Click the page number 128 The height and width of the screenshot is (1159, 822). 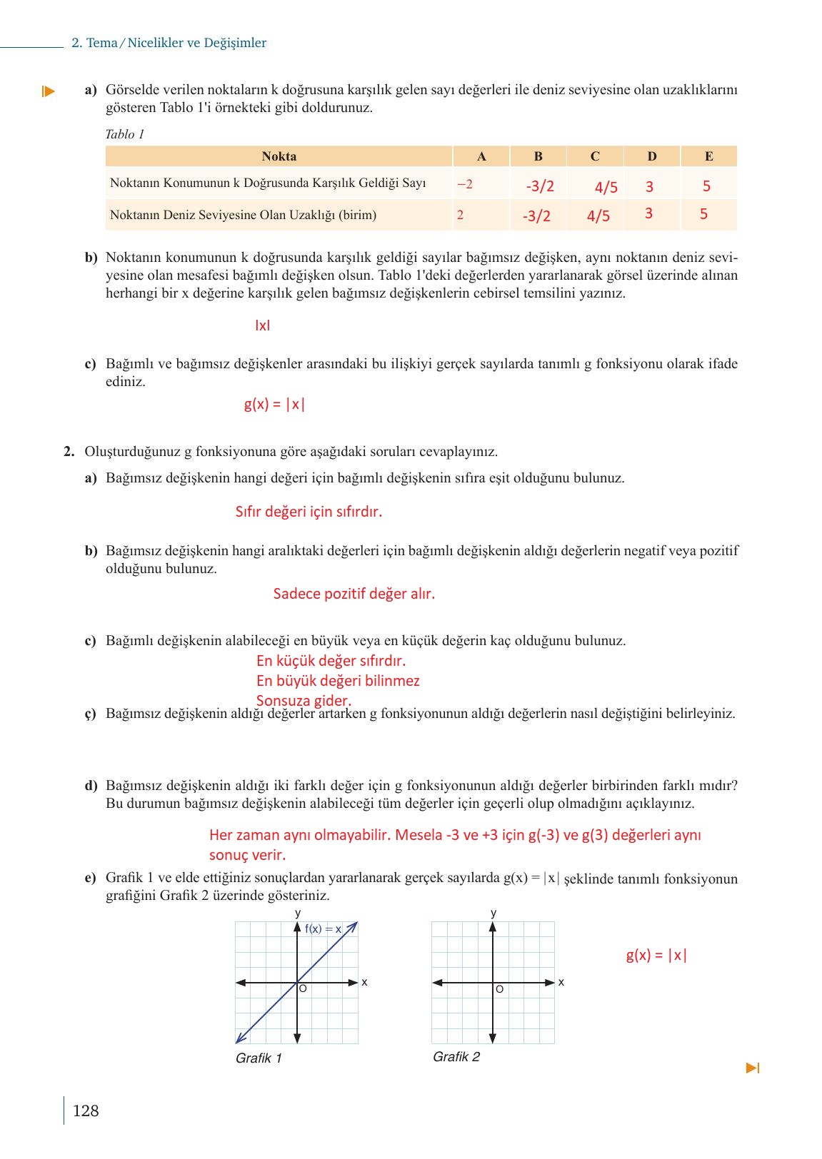click(x=86, y=1110)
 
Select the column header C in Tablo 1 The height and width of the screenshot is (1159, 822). click(x=595, y=156)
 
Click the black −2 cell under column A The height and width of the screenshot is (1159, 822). click(x=465, y=184)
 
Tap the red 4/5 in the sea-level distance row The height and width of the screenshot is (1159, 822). click(x=598, y=216)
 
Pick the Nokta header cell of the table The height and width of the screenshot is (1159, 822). click(x=279, y=156)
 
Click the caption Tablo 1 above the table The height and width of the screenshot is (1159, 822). click(x=125, y=134)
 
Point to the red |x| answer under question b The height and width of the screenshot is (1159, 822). click(x=262, y=325)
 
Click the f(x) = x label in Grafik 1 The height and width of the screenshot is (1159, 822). click(x=323, y=929)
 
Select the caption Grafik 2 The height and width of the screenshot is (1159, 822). click(x=456, y=1057)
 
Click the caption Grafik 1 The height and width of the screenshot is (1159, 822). click(x=259, y=1058)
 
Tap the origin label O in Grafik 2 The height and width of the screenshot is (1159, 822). click(x=499, y=989)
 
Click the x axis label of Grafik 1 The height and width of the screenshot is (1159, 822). click(x=364, y=983)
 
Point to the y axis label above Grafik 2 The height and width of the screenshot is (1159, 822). click(x=493, y=913)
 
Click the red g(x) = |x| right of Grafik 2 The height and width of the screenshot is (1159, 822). click(x=656, y=956)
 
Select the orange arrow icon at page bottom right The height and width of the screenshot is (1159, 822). click(x=753, y=1068)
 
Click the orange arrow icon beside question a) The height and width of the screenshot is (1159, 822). click(x=48, y=91)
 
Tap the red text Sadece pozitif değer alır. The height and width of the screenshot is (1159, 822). click(x=354, y=594)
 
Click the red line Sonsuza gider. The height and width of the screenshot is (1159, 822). click(x=304, y=701)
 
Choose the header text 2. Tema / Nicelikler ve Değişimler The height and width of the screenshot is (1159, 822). click(x=169, y=43)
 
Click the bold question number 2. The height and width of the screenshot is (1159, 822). click(x=69, y=452)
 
